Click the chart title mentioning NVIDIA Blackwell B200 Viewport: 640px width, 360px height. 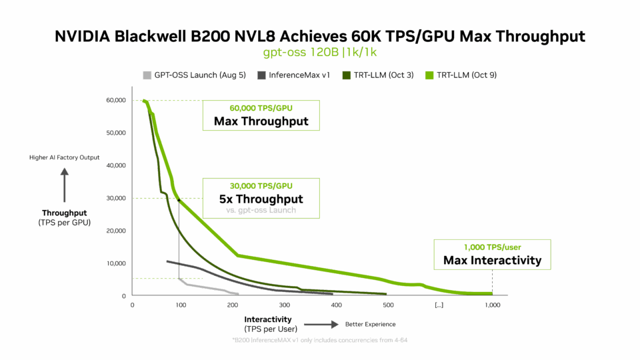[320, 37]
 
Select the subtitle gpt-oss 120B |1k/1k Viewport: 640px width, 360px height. [320, 51]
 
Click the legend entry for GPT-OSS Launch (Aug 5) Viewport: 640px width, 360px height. [181, 75]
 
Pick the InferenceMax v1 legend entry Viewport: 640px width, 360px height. [294, 75]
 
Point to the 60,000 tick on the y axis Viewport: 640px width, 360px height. [115, 101]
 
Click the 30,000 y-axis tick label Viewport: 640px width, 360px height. [115, 198]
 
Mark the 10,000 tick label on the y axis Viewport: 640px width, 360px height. [115, 263]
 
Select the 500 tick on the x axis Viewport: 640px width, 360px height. [387, 305]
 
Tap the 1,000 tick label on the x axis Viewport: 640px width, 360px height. [492, 305]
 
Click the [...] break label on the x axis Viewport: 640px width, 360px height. [439, 305]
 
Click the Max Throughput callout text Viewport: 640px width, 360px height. [261, 121]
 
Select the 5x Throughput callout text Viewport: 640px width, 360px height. [261, 199]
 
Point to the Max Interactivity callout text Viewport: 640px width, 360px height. [492, 260]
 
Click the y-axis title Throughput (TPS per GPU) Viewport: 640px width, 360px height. [65, 217]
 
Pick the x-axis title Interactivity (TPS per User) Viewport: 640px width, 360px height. [270, 323]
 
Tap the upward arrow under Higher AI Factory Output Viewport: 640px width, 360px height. [65, 185]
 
